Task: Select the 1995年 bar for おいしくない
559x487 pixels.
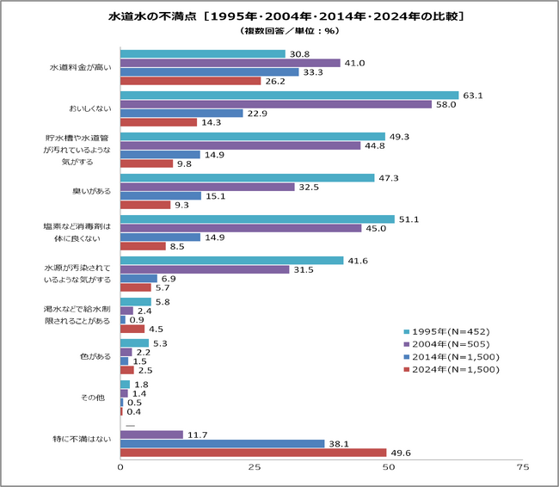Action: pyautogui.click(x=289, y=96)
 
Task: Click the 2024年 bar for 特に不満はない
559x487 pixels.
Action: pyautogui.click(x=253, y=453)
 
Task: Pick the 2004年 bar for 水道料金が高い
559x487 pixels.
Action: pyautogui.click(x=230, y=63)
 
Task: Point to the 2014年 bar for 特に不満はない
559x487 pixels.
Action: pyautogui.click(x=222, y=444)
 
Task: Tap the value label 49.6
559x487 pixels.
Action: pyautogui.click(x=402, y=453)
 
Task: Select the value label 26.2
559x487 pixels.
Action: pyautogui.click(x=276, y=82)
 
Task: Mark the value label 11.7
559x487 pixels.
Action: pyautogui.click(x=197, y=435)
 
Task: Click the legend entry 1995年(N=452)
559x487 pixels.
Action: pyautogui.click(x=447, y=330)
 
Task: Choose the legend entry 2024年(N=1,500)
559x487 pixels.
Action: pyautogui.click(x=451, y=369)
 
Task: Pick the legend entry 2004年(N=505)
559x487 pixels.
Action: pyautogui.click(x=447, y=343)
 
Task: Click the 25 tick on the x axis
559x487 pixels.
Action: pyautogui.click(x=255, y=466)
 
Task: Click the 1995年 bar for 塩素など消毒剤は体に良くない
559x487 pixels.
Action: pyautogui.click(x=257, y=219)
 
